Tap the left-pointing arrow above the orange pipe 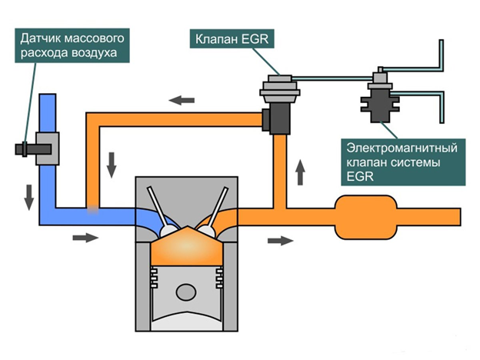click(182, 100)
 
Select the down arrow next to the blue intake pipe click(28, 198)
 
